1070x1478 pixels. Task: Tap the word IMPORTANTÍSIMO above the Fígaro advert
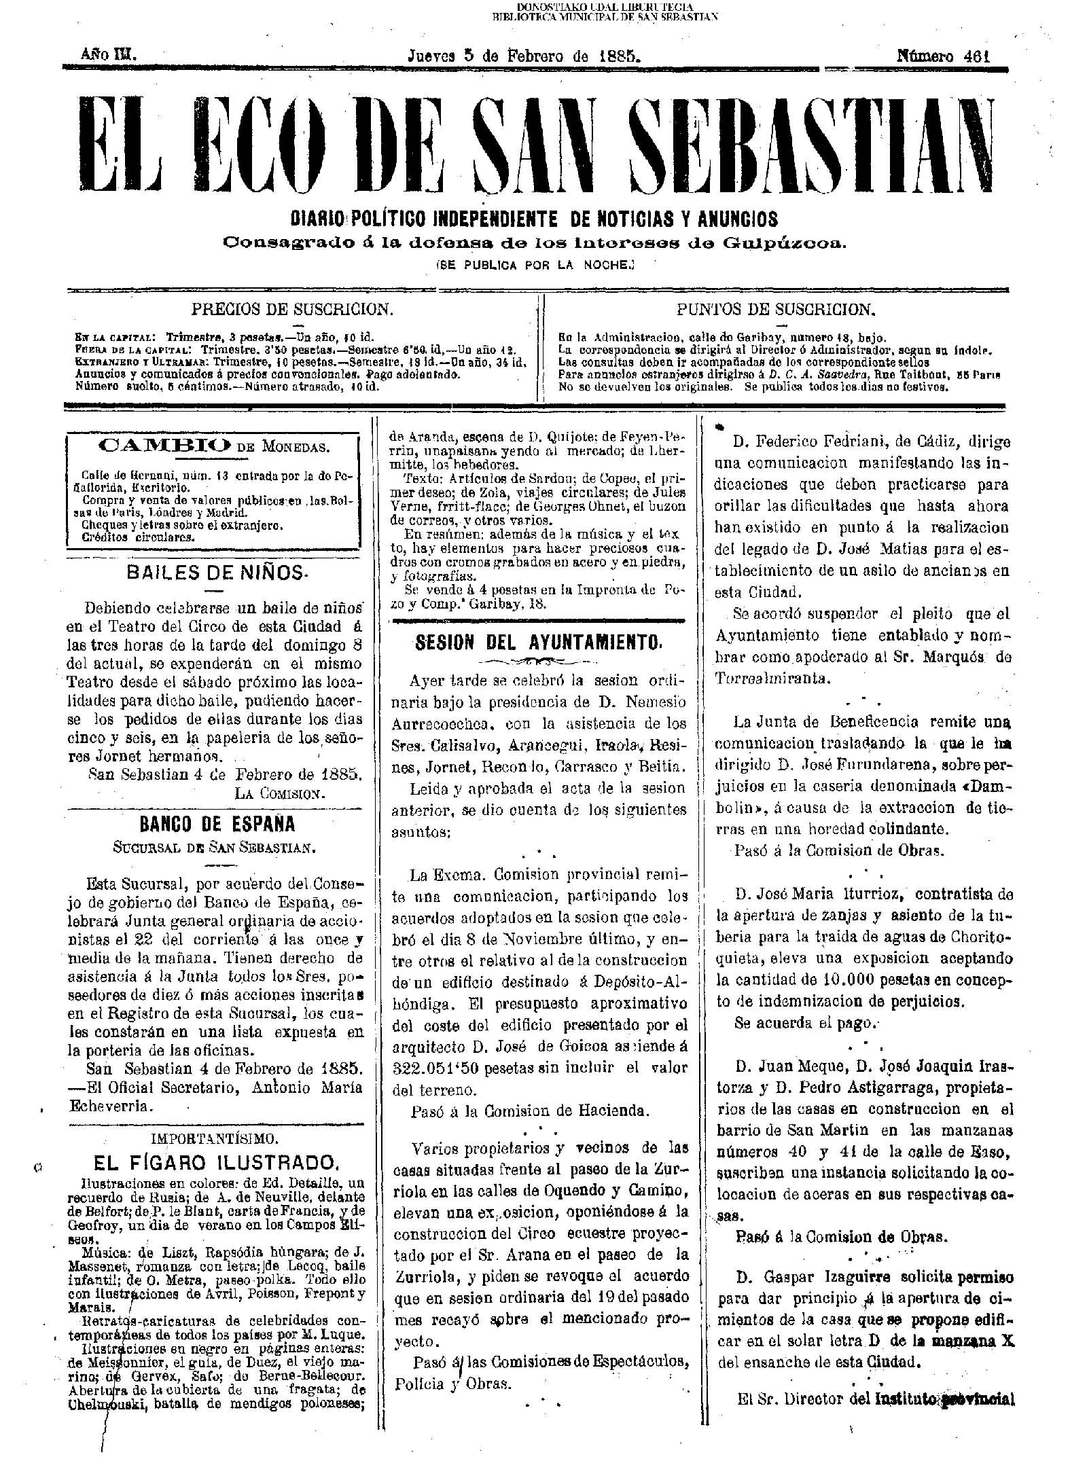click(216, 1136)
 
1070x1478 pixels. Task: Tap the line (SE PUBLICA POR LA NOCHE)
click(534, 266)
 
